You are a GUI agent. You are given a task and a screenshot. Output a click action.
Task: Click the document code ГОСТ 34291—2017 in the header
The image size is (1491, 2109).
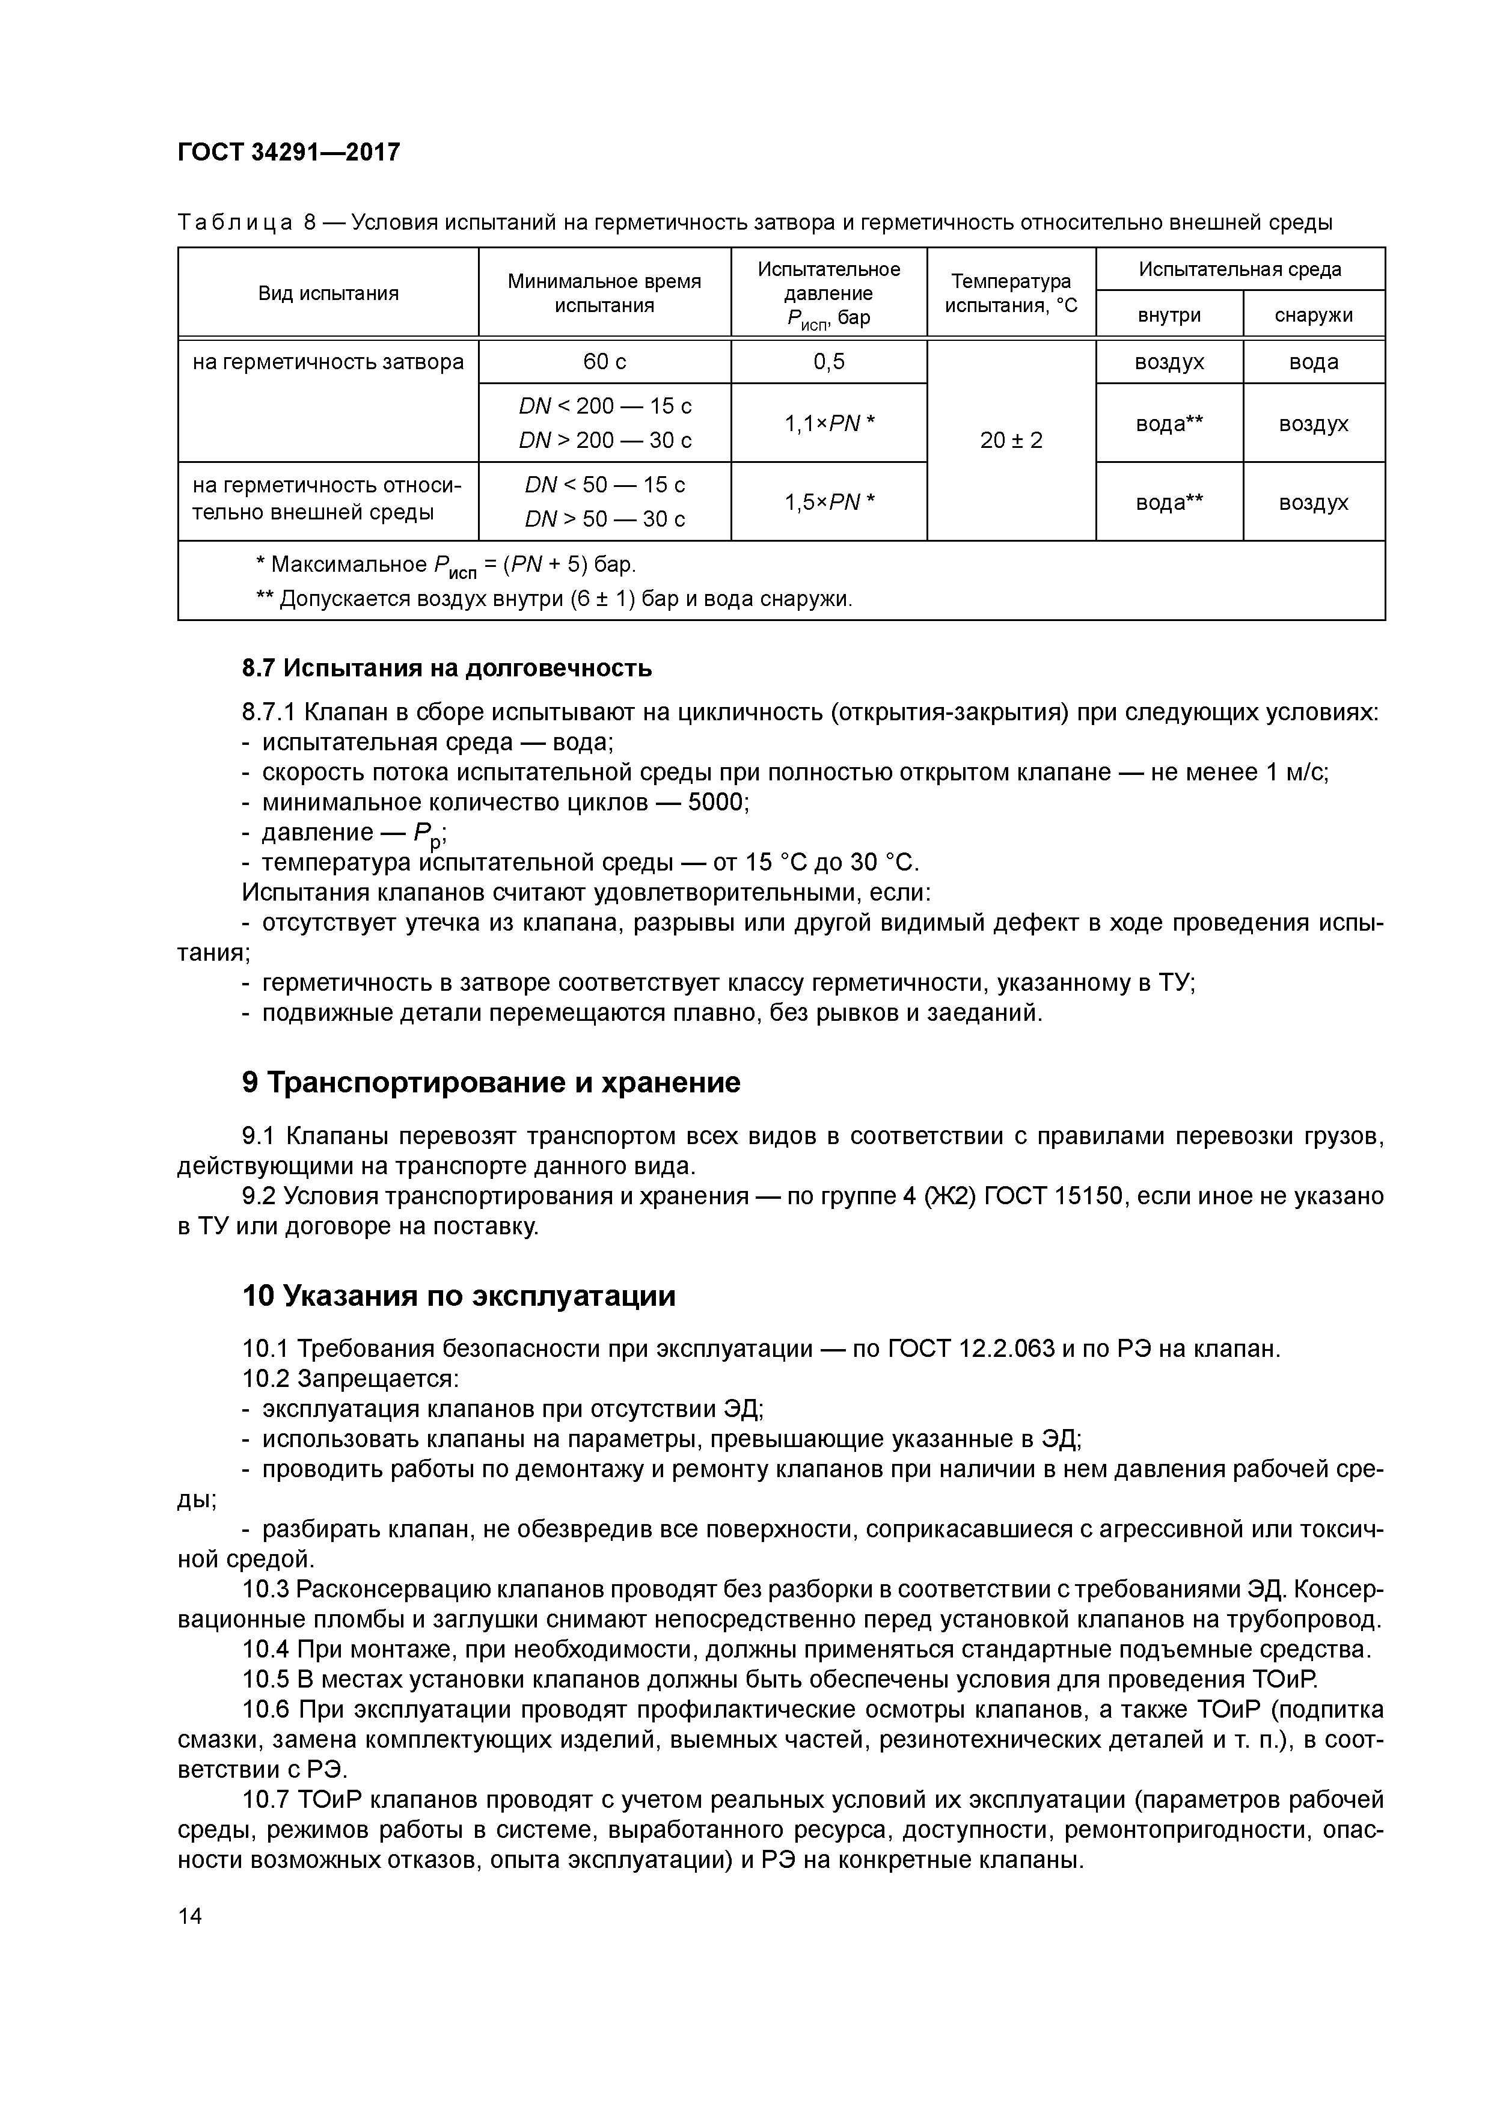coord(289,152)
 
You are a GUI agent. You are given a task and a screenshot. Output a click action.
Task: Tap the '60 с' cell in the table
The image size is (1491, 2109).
coord(604,362)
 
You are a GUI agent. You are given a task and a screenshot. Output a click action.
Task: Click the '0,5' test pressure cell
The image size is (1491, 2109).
coord(828,362)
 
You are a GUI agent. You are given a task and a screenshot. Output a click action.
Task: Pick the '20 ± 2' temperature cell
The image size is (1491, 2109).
coord(1011,440)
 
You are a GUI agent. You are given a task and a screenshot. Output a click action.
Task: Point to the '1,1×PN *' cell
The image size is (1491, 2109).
coord(828,423)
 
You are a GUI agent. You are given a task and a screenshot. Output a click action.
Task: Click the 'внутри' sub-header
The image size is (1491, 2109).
coord(1169,315)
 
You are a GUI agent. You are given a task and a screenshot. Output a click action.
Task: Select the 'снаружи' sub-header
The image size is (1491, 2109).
coord(1313,315)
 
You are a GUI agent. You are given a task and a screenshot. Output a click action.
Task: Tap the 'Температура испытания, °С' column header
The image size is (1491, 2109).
coord(1011,293)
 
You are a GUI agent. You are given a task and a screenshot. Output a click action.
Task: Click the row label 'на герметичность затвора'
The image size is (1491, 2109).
coord(328,362)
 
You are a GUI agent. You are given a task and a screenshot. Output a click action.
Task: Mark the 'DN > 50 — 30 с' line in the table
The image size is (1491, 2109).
coord(604,520)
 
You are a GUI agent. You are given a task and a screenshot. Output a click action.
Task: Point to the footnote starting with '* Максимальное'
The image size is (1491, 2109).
coord(445,565)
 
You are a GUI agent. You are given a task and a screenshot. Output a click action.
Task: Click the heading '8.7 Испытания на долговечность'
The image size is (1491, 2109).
coord(447,668)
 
